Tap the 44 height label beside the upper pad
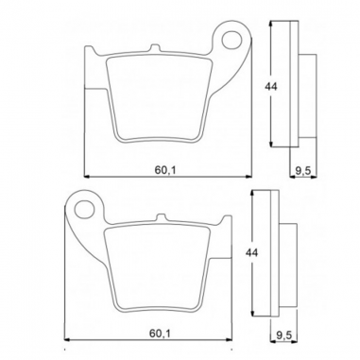[270, 86]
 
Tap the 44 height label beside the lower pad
[251, 253]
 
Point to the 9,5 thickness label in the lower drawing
[282, 334]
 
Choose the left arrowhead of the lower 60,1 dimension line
[71, 341]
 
